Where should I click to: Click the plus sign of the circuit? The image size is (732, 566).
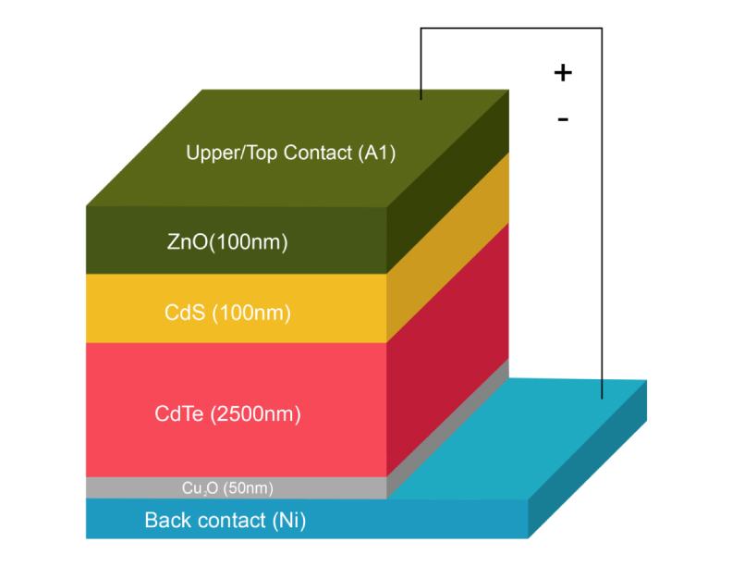[563, 72]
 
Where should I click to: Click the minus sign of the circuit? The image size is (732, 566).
[563, 119]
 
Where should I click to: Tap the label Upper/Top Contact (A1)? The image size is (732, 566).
[290, 153]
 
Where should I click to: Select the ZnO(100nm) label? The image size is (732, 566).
[227, 243]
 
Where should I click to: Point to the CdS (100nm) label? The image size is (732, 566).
[227, 314]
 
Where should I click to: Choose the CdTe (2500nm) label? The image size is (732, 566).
[227, 413]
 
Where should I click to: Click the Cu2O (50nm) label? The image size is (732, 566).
[227, 487]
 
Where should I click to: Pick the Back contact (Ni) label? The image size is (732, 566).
[225, 521]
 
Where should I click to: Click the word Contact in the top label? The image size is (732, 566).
[316, 153]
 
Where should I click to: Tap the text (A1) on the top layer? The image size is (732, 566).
[376, 153]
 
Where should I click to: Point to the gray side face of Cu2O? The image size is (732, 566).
[448, 426]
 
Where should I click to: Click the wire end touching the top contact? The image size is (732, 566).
[421, 98]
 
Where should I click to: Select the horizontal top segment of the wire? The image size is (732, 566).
[511, 29]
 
